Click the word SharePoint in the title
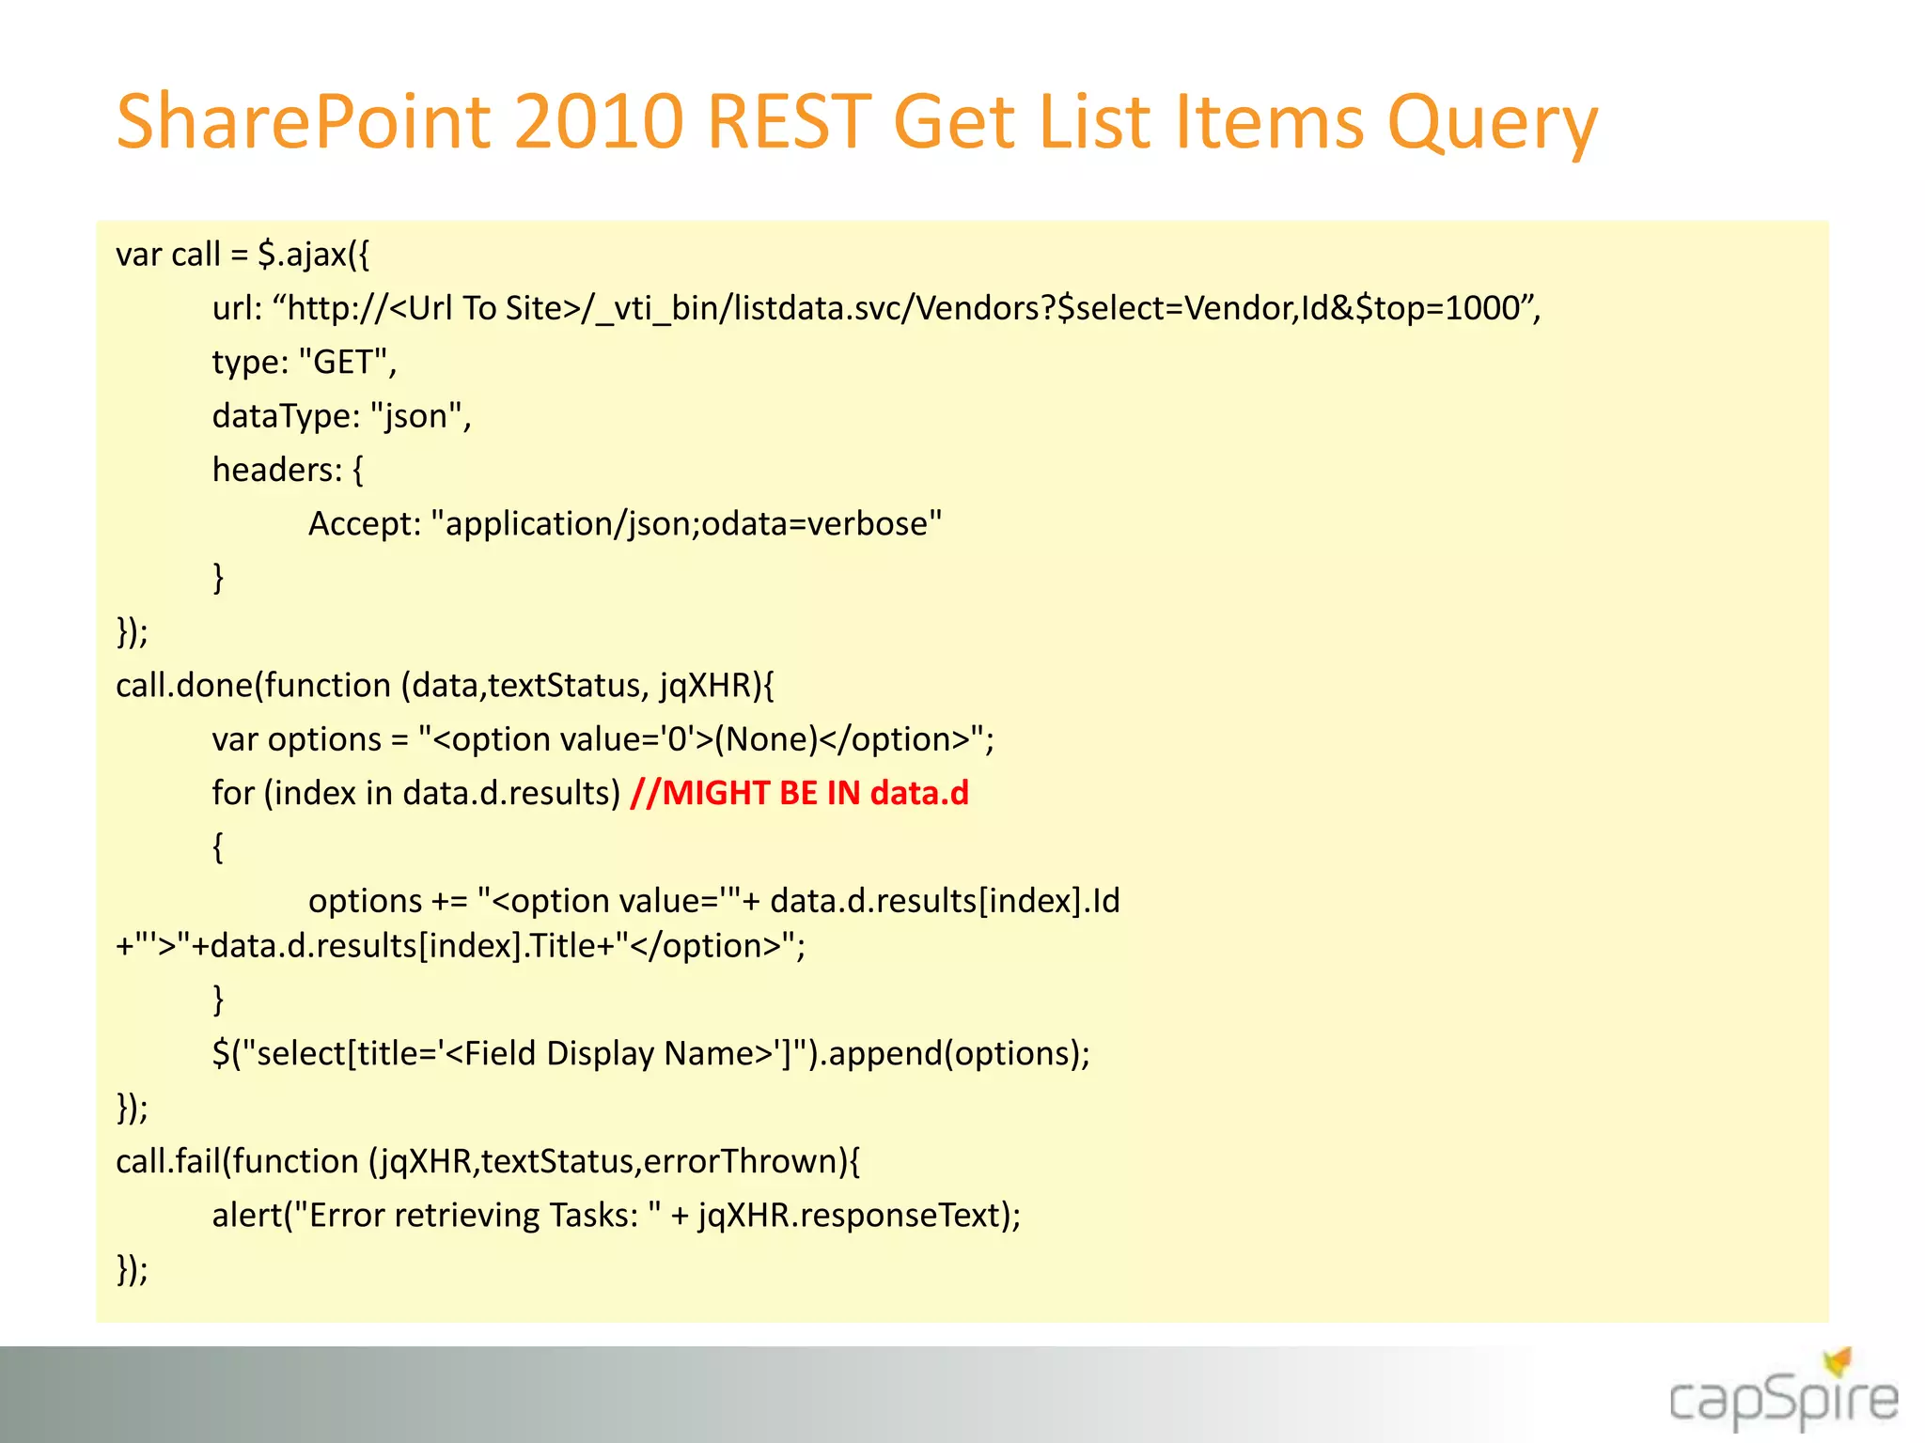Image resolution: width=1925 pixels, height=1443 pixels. (x=303, y=123)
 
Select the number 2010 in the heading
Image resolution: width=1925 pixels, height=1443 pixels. (x=598, y=123)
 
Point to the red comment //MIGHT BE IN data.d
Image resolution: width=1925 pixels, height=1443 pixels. (x=799, y=794)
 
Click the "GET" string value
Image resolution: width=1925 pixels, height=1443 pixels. (x=344, y=363)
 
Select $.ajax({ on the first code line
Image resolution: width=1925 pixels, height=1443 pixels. (x=314, y=255)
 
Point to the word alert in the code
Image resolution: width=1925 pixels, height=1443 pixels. (x=246, y=1216)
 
